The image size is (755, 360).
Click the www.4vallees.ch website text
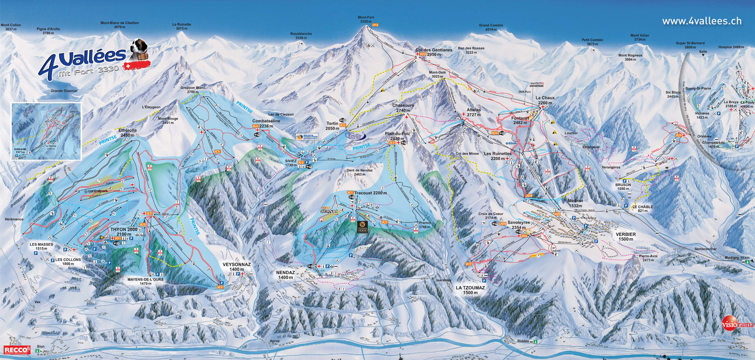701,21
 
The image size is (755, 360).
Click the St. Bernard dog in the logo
141,49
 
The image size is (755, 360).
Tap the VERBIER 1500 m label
626,236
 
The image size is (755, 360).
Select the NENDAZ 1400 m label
285,274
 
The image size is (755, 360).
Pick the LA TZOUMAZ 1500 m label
470,290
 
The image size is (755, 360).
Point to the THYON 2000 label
124,231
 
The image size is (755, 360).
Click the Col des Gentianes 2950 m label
434,52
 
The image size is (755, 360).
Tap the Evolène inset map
46,131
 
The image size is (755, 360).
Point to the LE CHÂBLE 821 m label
642,209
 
